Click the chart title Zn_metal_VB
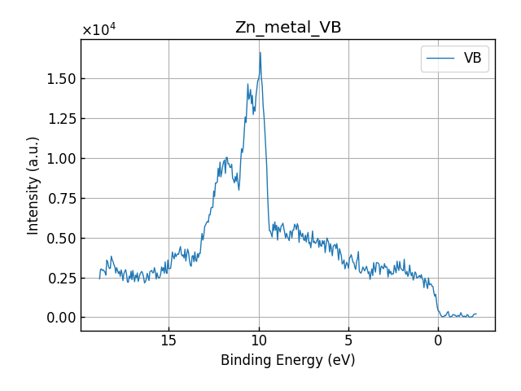287,28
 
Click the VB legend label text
472,59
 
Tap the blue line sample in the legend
440,59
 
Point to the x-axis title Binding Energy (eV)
287,360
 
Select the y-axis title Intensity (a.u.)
33,185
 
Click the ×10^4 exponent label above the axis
99,30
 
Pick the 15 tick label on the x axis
169,340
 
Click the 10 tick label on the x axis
259,340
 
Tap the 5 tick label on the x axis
348,340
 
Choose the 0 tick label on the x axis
438,340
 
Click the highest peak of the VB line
260,53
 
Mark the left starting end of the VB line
100,279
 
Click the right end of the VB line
476,314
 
